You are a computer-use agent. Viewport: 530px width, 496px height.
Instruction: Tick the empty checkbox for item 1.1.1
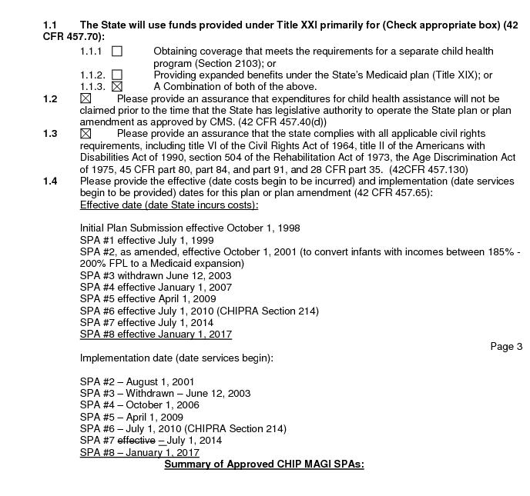point(117,52)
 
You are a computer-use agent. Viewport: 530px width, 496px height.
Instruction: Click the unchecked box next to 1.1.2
point(117,75)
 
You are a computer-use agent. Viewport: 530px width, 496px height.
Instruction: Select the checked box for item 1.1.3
point(117,87)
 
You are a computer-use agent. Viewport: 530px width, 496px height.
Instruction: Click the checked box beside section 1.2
point(86,99)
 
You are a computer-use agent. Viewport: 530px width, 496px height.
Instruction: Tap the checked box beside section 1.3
point(86,134)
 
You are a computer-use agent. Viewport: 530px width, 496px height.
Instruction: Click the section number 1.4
point(50,181)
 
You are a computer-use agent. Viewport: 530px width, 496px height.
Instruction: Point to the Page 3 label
point(506,346)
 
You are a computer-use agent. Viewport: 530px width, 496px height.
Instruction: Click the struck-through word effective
point(136,441)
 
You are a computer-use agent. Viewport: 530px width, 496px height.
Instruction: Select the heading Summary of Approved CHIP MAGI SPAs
point(264,464)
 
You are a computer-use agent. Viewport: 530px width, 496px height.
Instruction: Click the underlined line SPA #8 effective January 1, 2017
point(156,335)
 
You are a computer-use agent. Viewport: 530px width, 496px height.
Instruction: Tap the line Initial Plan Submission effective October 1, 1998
point(190,228)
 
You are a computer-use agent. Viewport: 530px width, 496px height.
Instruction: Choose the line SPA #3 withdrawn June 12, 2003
point(156,275)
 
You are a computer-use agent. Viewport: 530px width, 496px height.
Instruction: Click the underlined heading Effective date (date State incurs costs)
point(169,205)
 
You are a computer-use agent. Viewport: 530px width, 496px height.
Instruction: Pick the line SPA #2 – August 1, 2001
point(137,381)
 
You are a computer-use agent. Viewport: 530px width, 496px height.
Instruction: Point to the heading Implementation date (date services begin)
point(176,358)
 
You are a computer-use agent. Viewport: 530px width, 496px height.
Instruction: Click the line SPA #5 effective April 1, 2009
point(148,299)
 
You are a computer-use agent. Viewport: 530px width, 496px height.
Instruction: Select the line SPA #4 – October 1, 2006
point(139,405)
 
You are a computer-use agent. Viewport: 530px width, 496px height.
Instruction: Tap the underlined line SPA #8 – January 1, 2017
point(139,453)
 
